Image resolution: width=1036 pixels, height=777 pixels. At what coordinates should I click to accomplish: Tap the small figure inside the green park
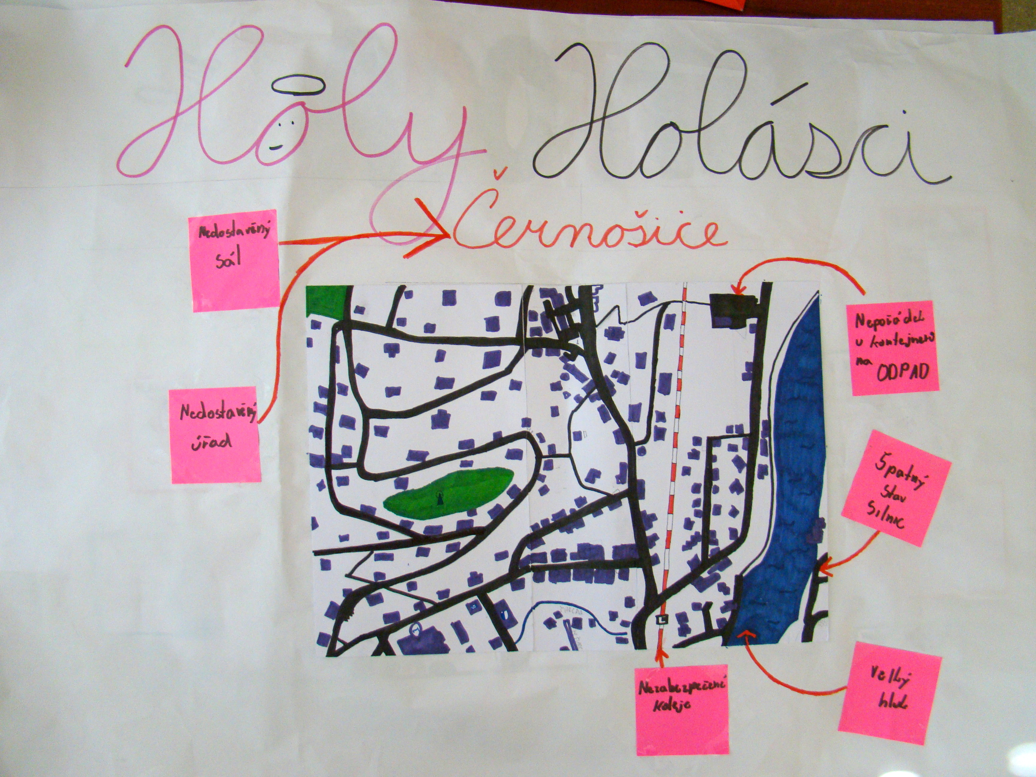tap(440, 498)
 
